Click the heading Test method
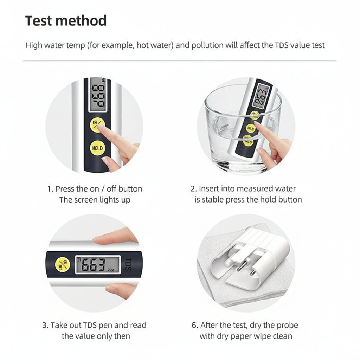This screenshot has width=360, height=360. [x=66, y=21]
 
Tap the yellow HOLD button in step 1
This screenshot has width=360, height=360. [x=97, y=148]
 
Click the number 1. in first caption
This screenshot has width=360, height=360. [x=50, y=189]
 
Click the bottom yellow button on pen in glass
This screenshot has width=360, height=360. [x=247, y=142]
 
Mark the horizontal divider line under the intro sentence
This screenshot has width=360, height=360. [x=180, y=61]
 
